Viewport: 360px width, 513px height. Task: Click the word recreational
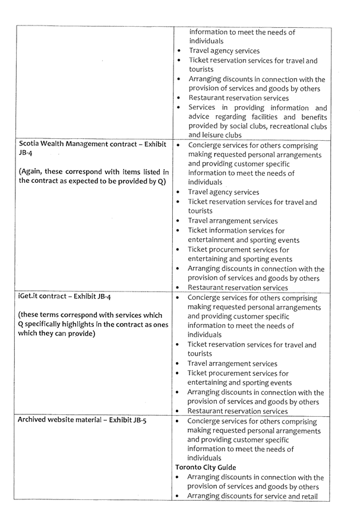tap(292, 126)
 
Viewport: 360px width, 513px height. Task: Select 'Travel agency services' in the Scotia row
tap(223, 192)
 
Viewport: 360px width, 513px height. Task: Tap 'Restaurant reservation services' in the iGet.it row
tap(237, 411)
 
